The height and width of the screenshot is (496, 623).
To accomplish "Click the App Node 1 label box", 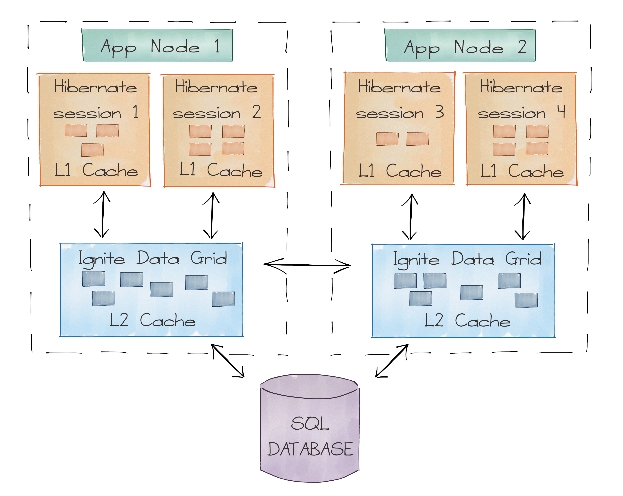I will pos(157,46).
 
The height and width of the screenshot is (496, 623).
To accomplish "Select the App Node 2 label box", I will pos(459,46).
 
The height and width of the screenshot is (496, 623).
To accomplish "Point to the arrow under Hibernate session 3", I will pos(410,217).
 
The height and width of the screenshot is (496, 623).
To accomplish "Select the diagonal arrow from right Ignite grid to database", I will pos(392,361).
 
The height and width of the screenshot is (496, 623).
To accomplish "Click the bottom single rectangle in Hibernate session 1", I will pos(92,150).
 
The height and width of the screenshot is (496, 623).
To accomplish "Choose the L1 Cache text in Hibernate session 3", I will pos(400,171).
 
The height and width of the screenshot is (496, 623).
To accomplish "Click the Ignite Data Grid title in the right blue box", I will pos(467,259).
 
